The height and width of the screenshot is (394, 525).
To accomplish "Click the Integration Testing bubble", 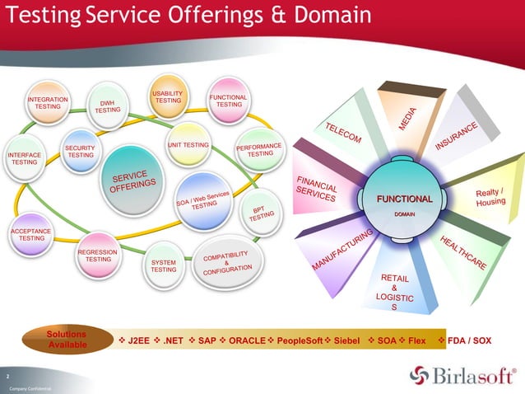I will tap(48, 104).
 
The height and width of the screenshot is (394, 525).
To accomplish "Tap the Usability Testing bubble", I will tap(168, 98).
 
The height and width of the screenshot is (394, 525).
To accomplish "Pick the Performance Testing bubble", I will tap(260, 150).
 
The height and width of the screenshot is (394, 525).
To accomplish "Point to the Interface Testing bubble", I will tap(24, 159).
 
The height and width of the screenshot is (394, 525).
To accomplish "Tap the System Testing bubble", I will tap(164, 265).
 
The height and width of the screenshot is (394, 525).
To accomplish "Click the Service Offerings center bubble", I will tap(128, 183).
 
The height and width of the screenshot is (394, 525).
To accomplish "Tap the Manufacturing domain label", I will tap(342, 250).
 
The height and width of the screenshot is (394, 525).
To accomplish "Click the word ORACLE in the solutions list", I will tap(247, 340).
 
